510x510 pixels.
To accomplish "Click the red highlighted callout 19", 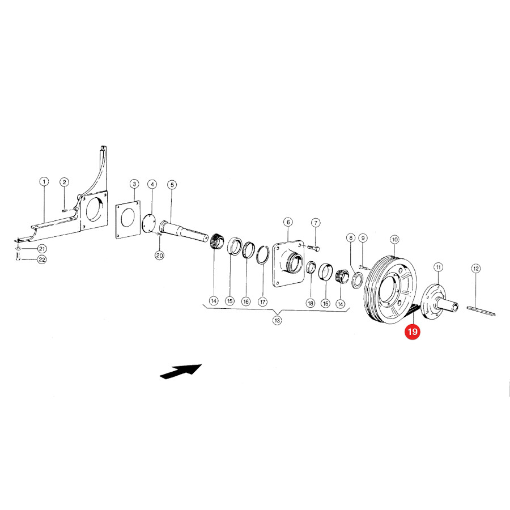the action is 412,331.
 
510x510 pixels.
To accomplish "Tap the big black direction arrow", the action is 181,371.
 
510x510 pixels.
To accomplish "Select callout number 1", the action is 44,181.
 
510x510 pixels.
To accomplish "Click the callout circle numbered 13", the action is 277,320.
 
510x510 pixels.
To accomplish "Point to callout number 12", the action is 476,269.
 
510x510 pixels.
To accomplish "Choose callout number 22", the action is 42,260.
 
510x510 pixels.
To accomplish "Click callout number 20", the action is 159,256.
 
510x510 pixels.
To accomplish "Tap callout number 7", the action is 316,223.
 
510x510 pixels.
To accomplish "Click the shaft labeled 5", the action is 184,231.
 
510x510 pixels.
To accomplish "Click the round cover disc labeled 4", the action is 149,223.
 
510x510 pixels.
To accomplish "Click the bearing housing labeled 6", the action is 288,263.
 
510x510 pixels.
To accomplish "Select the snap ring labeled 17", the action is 262,256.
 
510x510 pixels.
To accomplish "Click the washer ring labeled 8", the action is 357,280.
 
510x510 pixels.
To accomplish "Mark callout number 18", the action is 311,303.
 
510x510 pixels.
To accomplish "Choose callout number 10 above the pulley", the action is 394,240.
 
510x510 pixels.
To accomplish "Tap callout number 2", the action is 65,182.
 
